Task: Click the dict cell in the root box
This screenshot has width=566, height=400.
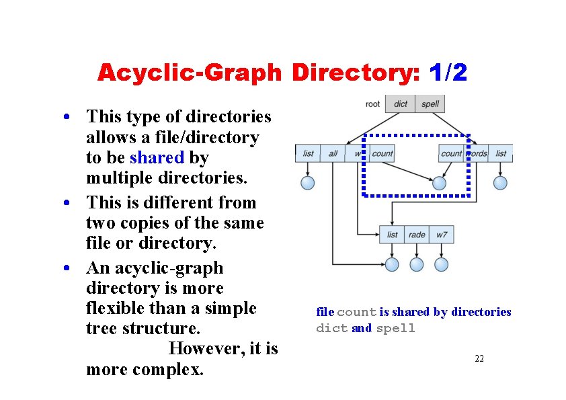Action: coord(401,104)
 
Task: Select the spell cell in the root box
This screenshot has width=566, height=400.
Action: coord(430,104)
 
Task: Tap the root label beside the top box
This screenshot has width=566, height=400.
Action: coord(372,104)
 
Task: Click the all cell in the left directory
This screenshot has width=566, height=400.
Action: coord(333,153)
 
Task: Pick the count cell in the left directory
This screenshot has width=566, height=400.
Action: coord(382,153)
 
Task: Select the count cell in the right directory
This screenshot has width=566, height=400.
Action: coord(451,153)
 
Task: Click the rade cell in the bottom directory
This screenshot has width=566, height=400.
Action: coord(417,235)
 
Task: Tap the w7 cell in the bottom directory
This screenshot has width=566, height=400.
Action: coord(441,235)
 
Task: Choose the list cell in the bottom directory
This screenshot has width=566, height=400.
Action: coord(392,235)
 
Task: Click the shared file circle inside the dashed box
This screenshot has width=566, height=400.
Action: coord(440,182)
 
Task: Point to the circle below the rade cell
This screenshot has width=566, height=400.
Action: coord(417,264)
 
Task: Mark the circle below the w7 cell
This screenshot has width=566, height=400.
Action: coord(441,264)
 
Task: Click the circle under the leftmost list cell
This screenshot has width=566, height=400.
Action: coord(308,182)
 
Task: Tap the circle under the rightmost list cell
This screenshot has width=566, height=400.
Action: coord(500,182)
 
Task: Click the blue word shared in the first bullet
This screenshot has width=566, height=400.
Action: coord(157,158)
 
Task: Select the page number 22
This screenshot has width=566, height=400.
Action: coord(479,359)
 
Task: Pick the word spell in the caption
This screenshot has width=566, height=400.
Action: coord(396,329)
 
